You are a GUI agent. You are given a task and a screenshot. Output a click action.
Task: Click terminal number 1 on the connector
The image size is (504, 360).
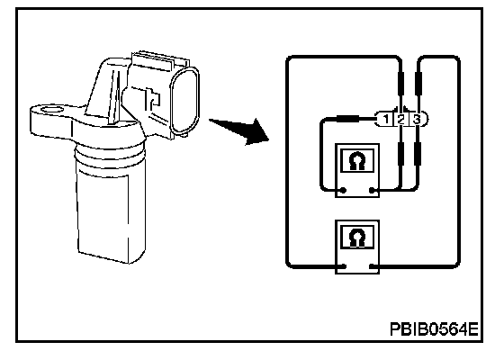(x=386, y=120)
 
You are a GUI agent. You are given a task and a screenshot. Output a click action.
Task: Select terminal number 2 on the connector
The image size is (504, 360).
(x=400, y=120)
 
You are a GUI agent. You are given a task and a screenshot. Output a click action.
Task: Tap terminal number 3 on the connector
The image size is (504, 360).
(x=416, y=120)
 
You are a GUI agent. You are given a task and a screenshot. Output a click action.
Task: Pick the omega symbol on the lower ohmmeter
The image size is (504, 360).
(x=356, y=238)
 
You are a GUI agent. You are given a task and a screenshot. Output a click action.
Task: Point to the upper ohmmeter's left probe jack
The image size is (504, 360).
(x=343, y=190)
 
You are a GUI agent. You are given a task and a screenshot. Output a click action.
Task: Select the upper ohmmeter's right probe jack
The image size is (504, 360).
(x=372, y=191)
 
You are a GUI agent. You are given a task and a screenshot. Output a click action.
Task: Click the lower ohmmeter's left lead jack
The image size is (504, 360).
(x=343, y=266)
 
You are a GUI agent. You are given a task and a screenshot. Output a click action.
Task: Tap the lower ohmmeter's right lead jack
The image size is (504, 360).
(x=373, y=266)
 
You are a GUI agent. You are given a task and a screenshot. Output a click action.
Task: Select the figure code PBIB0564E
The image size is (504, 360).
(x=434, y=329)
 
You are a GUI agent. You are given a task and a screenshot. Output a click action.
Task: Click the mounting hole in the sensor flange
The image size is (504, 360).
(x=51, y=110)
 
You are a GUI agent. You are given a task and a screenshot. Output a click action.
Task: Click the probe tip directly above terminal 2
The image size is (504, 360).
(x=400, y=84)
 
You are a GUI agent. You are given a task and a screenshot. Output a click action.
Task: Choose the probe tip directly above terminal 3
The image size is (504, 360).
(x=418, y=84)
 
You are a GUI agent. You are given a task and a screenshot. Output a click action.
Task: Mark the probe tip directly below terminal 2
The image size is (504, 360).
(x=400, y=154)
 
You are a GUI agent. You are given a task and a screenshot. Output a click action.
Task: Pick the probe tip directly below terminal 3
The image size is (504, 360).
(x=418, y=154)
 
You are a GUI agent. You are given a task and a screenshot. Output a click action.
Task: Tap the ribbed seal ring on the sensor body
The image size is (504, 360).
(x=109, y=157)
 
